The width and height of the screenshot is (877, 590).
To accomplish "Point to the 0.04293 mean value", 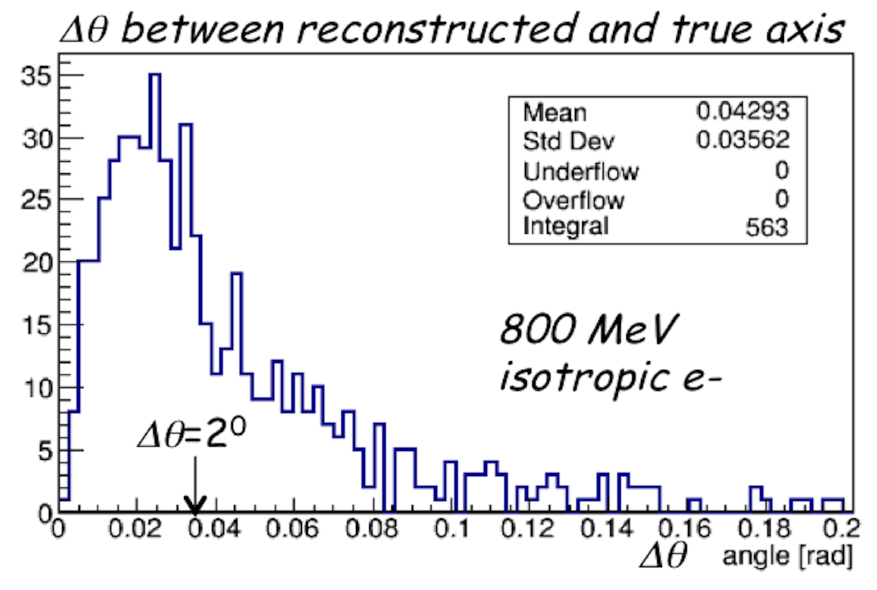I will point(742,111).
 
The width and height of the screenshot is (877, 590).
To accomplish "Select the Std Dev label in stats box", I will point(568,141).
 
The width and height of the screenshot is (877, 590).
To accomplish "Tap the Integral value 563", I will point(766,228).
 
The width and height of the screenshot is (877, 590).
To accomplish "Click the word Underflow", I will point(580,171).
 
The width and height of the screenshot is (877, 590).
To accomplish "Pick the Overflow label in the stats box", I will point(573,200).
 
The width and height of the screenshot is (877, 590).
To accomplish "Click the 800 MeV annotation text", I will point(589,329).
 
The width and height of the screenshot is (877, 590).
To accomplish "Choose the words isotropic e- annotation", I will point(610,377).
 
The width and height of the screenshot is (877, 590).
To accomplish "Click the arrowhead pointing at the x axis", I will point(195,505).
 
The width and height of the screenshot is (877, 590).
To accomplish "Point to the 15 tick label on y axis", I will point(36,326).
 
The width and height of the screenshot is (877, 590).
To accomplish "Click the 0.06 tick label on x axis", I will point(292,528).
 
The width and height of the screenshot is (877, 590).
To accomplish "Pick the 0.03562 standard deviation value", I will point(742,140).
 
